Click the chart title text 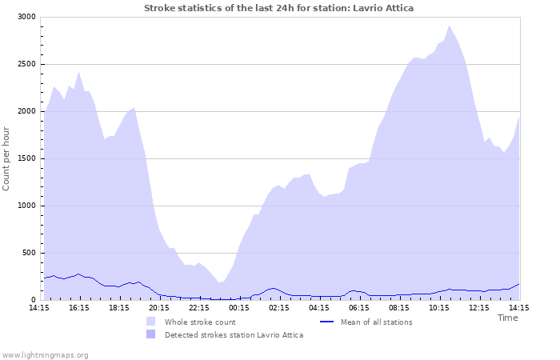click(x=279, y=7)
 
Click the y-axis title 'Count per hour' click(x=7, y=158)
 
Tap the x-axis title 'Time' click(x=507, y=318)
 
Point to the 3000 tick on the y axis click(x=26, y=17)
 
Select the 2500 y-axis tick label click(x=26, y=64)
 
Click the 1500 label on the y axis click(x=26, y=158)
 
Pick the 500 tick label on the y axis click(x=28, y=253)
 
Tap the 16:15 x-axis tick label click(x=79, y=307)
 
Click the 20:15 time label click(x=159, y=307)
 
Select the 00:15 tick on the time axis click(x=239, y=307)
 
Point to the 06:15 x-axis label click(x=359, y=307)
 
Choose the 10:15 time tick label click(x=439, y=307)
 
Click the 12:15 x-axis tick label click(x=479, y=307)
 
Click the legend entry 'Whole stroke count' click(x=200, y=322)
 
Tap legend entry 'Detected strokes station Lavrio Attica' click(x=234, y=335)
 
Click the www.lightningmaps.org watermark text click(x=46, y=354)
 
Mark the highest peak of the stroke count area click(x=449, y=26)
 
